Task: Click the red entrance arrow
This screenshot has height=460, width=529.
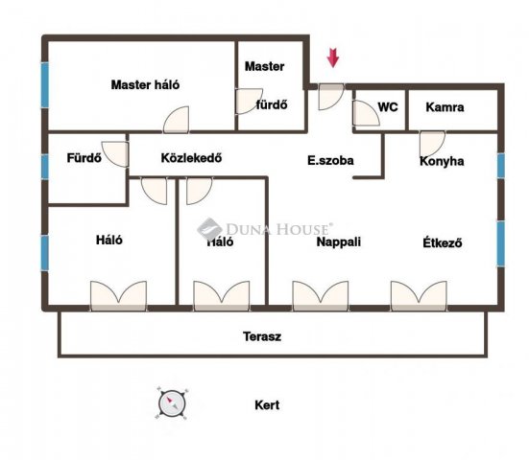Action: click(332, 57)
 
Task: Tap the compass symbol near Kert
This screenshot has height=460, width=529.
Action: click(172, 402)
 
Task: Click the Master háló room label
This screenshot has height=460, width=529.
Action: click(145, 84)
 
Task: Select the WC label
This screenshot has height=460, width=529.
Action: click(388, 107)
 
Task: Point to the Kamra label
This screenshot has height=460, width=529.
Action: click(445, 107)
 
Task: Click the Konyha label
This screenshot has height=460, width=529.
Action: click(442, 161)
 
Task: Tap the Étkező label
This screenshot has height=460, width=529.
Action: click(443, 242)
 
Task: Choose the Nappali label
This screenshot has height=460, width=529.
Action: click(338, 241)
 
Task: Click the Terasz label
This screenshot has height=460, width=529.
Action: click(262, 336)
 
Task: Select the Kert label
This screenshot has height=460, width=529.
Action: click(267, 404)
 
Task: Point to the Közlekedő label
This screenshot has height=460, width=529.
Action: click(191, 158)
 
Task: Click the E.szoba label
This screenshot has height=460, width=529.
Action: click(330, 160)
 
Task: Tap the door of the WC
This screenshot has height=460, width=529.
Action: click(366, 113)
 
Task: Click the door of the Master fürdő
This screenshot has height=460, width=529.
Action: click(249, 101)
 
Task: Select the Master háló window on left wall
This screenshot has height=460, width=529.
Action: click(45, 85)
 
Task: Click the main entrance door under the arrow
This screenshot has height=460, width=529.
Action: click(331, 97)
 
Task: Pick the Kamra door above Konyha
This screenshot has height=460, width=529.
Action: click(432, 144)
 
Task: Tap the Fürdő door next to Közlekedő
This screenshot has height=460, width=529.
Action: click(115, 154)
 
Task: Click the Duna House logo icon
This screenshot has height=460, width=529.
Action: click(209, 229)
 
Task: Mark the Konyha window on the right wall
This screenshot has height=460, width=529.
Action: click(501, 166)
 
